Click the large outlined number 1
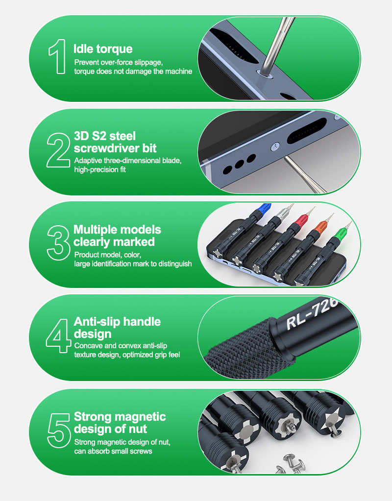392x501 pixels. click(x=57, y=56)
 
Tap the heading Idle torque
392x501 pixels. click(x=103, y=49)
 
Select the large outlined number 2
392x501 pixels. click(x=58, y=150)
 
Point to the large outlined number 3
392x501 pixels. click(x=58, y=243)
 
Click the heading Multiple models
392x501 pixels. click(x=117, y=229)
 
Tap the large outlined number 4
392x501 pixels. click(x=58, y=336)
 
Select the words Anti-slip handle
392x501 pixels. click(x=117, y=321)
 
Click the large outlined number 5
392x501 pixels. click(x=59, y=430)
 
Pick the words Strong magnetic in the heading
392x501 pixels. click(x=120, y=416)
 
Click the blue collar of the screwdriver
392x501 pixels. click(x=264, y=209)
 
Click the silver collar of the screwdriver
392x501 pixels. click(x=282, y=213)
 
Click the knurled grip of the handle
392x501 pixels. click(x=243, y=348)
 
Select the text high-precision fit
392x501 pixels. click(x=100, y=169)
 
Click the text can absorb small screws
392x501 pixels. click(x=113, y=451)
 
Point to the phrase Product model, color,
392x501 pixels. click(x=108, y=255)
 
